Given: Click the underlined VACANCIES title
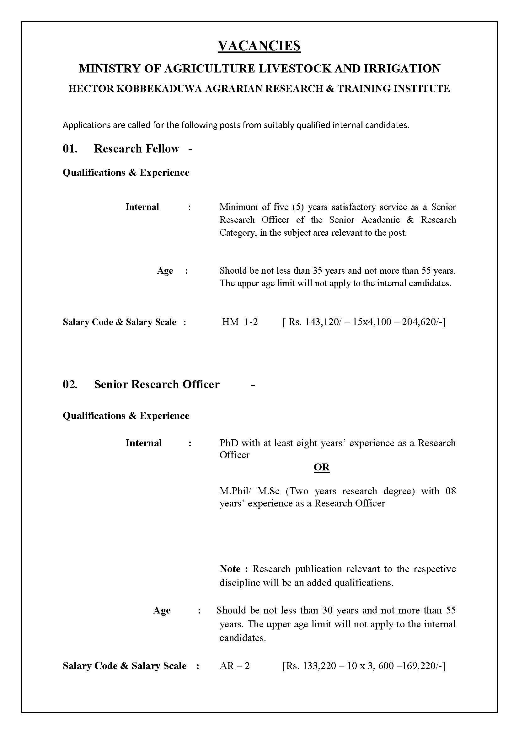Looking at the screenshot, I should [259, 46].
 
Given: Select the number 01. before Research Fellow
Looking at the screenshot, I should [70, 149].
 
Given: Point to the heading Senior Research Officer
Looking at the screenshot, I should [157, 384].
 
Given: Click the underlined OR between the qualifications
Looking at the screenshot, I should [322, 467].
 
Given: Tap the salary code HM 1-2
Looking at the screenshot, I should [240, 322].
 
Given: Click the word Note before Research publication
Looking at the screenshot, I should [230, 569].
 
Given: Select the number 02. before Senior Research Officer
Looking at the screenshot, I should [70, 384].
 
